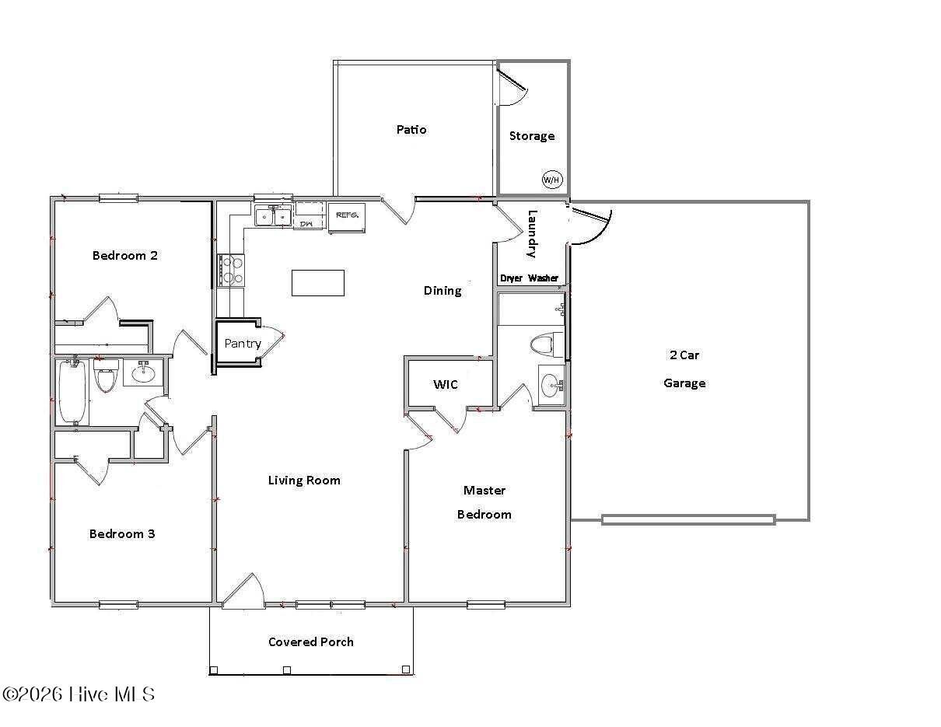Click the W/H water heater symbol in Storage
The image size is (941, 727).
551,180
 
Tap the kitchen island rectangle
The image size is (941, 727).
317,282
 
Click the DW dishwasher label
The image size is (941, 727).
306,224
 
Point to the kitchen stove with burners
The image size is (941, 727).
232,271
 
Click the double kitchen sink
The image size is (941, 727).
272,216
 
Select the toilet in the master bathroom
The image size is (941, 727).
545,344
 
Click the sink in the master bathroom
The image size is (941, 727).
551,385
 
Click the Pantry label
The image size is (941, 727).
243,343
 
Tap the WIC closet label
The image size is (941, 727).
446,384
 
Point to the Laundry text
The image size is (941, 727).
533,234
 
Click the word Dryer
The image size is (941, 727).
512,278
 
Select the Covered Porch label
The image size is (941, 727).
311,641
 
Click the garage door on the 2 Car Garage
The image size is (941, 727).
688,519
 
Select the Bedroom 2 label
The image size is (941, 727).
125,255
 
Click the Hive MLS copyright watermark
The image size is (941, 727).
79,694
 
